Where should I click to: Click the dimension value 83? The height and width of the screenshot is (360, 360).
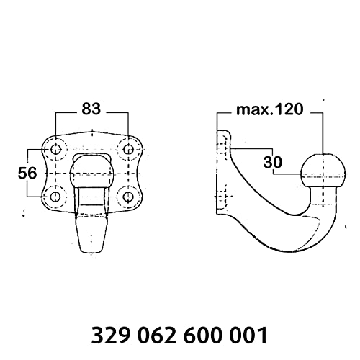[x=91, y=109]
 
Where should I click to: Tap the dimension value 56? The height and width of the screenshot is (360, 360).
[x=27, y=173]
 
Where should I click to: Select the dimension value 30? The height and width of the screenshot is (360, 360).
[x=273, y=162]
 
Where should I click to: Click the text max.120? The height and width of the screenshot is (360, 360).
[x=270, y=109]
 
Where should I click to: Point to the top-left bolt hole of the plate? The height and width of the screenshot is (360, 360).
[x=55, y=150]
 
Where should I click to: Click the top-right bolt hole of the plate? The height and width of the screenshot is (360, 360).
[x=128, y=150]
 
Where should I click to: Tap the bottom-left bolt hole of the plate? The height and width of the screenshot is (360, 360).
[x=55, y=197]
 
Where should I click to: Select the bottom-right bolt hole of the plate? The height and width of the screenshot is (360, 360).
[x=128, y=197]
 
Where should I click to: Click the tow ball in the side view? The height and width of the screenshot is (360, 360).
[x=323, y=171]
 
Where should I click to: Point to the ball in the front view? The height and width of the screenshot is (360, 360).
[x=91, y=174]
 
